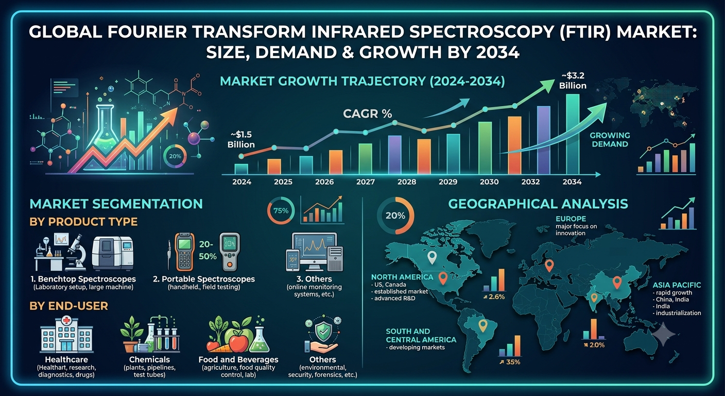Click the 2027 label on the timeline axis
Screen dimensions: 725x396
coord(366,182)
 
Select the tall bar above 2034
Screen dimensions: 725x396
coord(573,134)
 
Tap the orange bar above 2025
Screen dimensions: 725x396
coord(274,167)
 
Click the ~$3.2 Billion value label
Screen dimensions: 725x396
coord(573,80)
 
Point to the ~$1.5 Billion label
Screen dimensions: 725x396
coord(241,140)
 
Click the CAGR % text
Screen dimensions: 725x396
coord(367,114)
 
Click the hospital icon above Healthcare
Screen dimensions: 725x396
coord(66,334)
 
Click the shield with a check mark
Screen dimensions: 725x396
coord(324,331)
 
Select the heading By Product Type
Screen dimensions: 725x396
coord(83,222)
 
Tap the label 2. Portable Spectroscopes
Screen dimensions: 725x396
coord(204,279)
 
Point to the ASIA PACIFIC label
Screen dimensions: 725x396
coord(677,285)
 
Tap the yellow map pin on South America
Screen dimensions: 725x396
coord(483,326)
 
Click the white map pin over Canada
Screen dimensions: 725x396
coord(432,258)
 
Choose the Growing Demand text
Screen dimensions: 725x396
coord(610,140)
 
